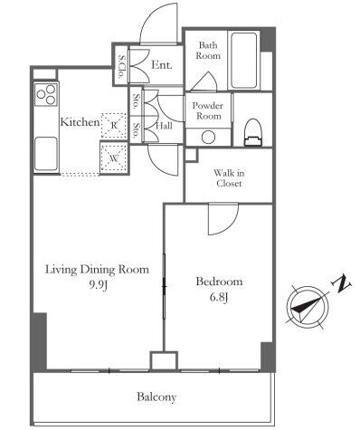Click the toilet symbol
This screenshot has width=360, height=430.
pyautogui.click(x=252, y=132)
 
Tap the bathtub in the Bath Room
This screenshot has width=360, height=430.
pyautogui.click(x=244, y=60)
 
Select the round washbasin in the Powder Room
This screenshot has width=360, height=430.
pyautogui.click(x=208, y=138)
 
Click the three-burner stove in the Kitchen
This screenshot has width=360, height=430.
pyautogui.click(x=46, y=94)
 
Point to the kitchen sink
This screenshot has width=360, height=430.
pyautogui.click(x=46, y=154)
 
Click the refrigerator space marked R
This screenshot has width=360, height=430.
pyautogui.click(x=114, y=126)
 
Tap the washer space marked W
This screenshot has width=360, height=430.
pyautogui.click(x=114, y=158)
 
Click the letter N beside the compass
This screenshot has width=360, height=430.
pyautogui.click(x=341, y=284)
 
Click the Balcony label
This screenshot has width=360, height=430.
pyautogui.click(x=156, y=397)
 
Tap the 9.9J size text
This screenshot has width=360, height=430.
pyautogui.click(x=98, y=284)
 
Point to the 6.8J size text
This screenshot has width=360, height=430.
pyautogui.click(x=219, y=297)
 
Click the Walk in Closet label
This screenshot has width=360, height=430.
pyautogui.click(x=229, y=178)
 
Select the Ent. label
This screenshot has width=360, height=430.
pyautogui.click(x=162, y=65)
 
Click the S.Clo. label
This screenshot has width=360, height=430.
pyautogui.click(x=122, y=66)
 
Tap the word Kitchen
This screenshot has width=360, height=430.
pyautogui.click(x=80, y=122)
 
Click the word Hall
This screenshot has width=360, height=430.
pyautogui.click(x=164, y=126)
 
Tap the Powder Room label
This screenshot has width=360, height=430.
pyautogui.click(x=208, y=110)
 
